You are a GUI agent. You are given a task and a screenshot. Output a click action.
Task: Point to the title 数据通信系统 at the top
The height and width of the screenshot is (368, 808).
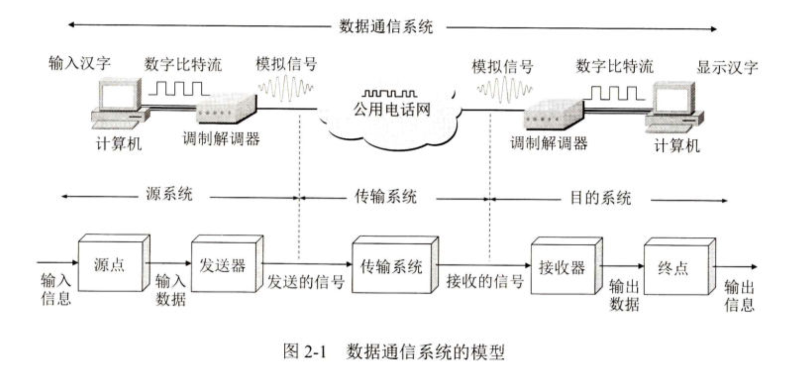(386, 26)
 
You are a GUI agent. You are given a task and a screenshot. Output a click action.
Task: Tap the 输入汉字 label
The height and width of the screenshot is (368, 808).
(80, 63)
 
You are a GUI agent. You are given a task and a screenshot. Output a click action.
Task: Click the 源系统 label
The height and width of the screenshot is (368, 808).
(169, 194)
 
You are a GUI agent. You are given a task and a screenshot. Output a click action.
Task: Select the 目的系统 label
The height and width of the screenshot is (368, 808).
(601, 198)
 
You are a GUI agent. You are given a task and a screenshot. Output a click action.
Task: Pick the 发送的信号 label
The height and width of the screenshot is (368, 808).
(306, 282)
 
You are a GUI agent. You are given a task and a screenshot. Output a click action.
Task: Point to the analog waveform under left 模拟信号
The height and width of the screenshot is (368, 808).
(285, 89)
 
